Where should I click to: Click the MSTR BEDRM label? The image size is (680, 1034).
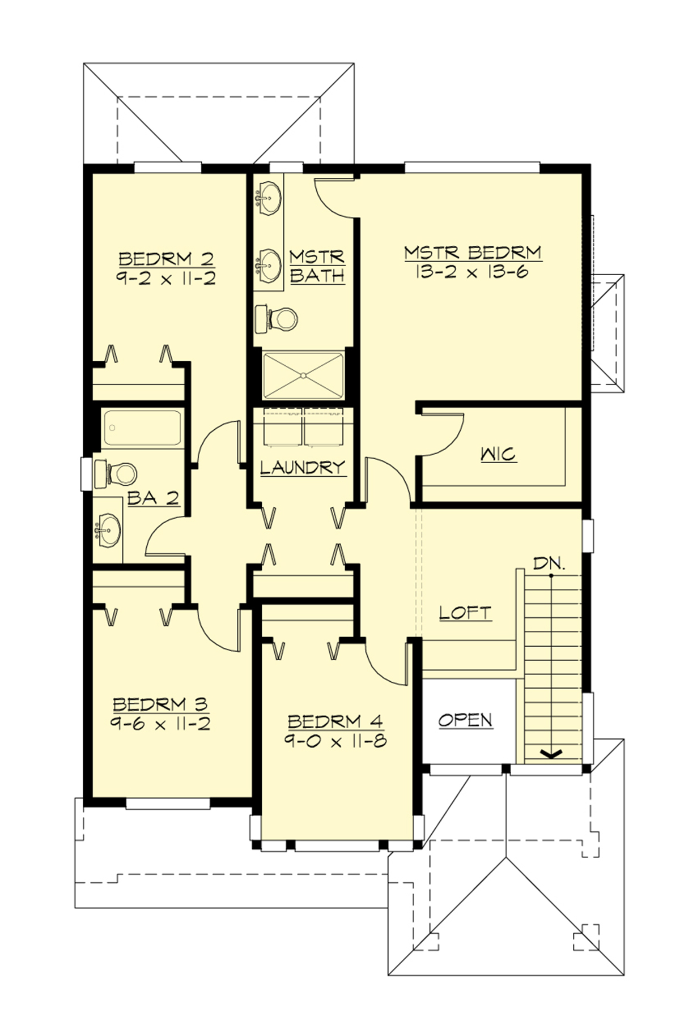click(473, 253)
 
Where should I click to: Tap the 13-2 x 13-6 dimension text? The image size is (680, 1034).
click(471, 272)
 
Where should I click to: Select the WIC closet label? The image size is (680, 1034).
click(499, 454)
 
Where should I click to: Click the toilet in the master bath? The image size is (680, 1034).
click(277, 319)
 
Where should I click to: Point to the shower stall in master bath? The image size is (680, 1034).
click(304, 375)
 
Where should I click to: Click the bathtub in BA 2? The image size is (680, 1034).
click(142, 428)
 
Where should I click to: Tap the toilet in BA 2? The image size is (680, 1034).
click(117, 473)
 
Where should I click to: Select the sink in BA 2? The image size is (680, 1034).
click(108, 530)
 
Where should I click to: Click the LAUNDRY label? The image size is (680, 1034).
click(303, 468)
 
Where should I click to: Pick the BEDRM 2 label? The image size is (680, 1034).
click(167, 259)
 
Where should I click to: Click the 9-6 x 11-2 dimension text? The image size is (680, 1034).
click(161, 724)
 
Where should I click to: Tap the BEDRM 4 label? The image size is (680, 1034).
click(335, 721)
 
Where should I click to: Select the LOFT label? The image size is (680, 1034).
click(465, 613)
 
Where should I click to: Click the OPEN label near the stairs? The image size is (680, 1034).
click(465, 720)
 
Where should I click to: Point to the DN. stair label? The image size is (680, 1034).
click(549, 564)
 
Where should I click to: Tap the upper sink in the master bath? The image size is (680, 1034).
click(268, 198)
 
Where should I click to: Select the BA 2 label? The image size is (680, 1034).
click(154, 498)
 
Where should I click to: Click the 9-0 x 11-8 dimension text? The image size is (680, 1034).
click(335, 741)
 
